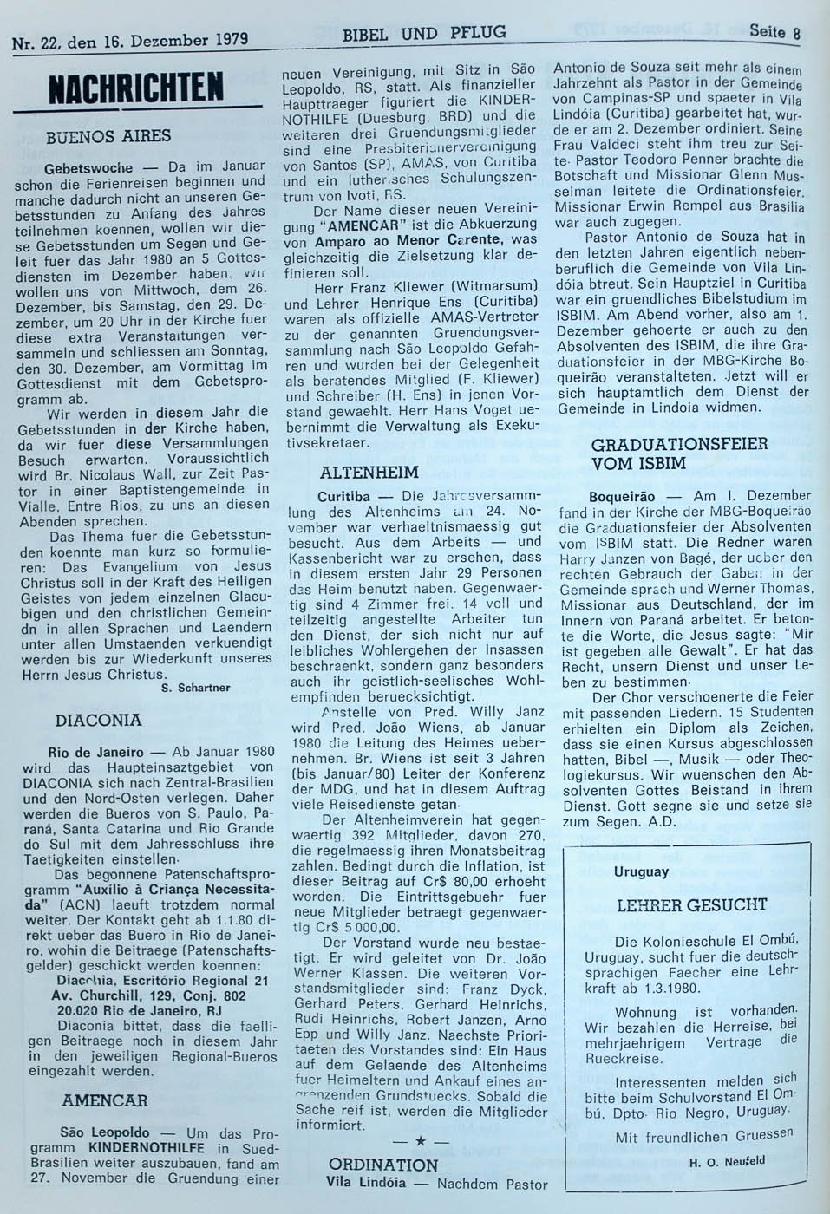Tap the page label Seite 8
[774, 33]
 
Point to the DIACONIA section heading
[98, 721]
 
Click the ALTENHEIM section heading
[369, 473]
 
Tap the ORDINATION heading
[383, 1165]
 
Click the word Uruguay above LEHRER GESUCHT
[642, 871]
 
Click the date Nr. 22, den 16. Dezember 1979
[127, 40]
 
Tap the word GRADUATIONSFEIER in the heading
[679, 444]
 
